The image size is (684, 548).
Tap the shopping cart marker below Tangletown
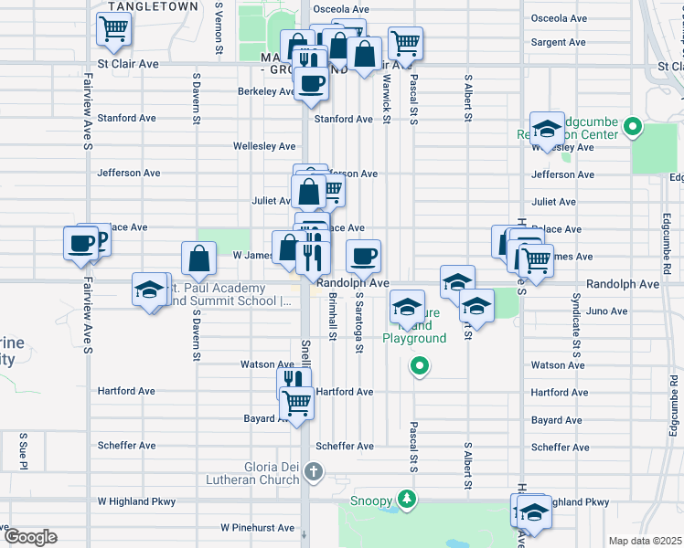[x=113, y=30]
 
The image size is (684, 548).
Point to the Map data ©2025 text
[x=645, y=541]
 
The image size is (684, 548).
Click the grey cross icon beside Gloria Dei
[x=314, y=472]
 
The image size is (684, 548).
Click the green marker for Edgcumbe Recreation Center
[x=632, y=128]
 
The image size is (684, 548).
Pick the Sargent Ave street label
[x=558, y=43]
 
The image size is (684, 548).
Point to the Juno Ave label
[x=605, y=311]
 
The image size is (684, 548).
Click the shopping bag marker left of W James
[x=198, y=258]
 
